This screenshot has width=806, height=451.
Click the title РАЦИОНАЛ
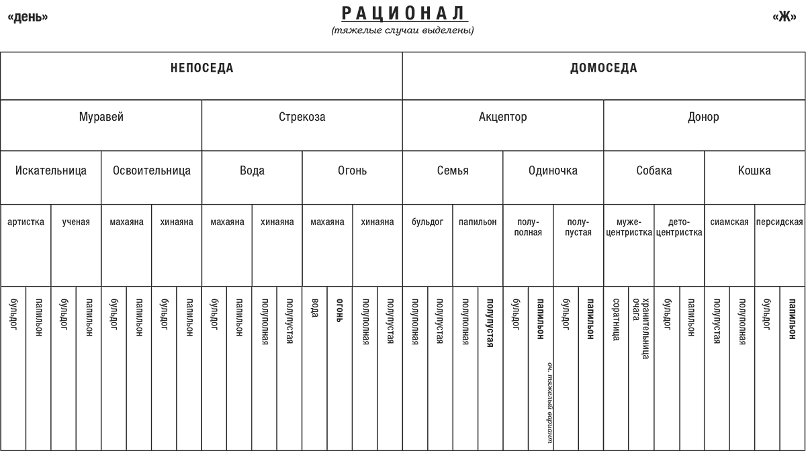coord(404,13)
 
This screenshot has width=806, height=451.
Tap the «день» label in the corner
coord(28,17)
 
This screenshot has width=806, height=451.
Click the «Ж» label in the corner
coord(784,17)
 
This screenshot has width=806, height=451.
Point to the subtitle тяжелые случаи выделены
coord(403,30)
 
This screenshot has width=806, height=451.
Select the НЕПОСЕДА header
coord(201,68)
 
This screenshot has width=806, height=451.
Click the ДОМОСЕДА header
coord(604,68)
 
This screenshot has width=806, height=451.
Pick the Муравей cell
coord(101,117)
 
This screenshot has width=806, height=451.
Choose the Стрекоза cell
coord(302,117)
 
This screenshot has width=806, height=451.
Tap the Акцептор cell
coord(502,117)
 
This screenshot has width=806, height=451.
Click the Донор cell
coord(703,117)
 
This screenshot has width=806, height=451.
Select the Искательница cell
coord(51,170)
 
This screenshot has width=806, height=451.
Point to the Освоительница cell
coord(151,170)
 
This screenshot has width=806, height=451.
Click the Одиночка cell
coord(553,170)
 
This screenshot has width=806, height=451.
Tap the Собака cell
coord(654,170)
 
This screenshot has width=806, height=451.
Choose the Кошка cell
coord(754,170)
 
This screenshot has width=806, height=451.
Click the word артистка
coord(26,222)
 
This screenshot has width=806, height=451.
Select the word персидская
coord(779,222)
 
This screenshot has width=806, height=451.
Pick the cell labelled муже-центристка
coord(629,228)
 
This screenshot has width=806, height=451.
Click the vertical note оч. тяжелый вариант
coord(550,403)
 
